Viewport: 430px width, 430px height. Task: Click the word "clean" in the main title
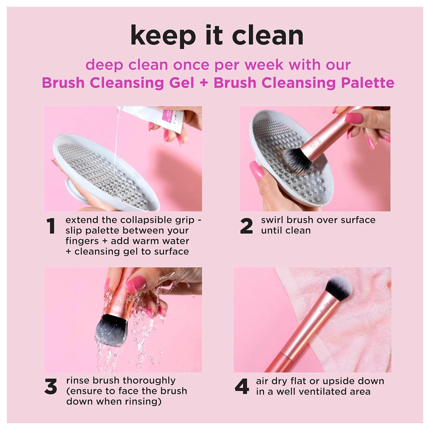click(268, 35)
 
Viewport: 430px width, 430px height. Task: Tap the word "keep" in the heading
click(163, 37)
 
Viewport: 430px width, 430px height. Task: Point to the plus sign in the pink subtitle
click(204, 83)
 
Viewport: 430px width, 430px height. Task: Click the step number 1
click(51, 226)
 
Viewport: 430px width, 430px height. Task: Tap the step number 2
click(247, 226)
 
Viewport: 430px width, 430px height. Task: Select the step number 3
click(51, 386)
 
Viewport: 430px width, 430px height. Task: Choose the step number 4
click(242, 386)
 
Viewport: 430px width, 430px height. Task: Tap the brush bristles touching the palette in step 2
click(296, 160)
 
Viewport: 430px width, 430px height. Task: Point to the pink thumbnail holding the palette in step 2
click(257, 171)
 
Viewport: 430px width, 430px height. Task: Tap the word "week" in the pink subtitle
click(264, 65)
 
